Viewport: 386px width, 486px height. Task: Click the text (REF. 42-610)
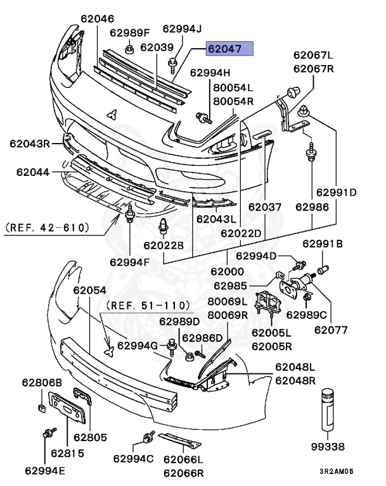pos(47,227)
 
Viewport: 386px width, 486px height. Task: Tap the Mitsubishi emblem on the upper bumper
pos(112,114)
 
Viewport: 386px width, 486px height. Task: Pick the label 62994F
pos(130,261)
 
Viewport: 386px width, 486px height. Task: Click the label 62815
pos(67,453)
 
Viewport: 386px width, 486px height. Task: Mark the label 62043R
pos(29,144)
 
